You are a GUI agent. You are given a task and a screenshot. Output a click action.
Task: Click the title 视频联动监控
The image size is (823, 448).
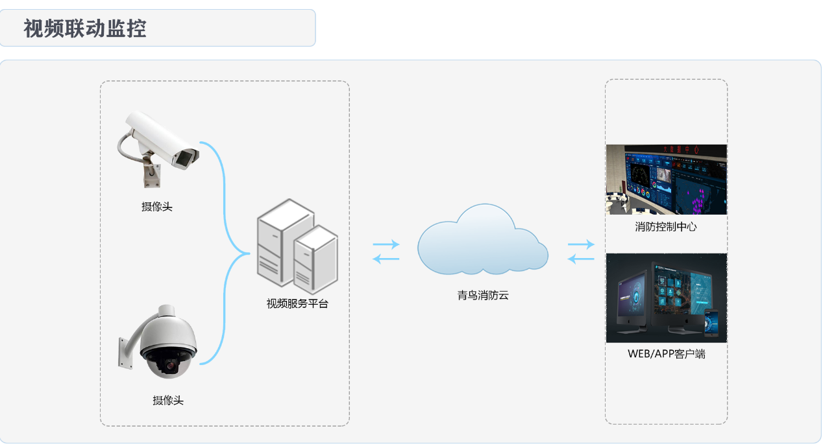click(85, 29)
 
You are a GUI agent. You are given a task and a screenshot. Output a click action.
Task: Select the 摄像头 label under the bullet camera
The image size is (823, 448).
click(157, 207)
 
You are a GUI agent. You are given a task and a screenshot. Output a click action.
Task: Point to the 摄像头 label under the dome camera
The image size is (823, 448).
click(168, 401)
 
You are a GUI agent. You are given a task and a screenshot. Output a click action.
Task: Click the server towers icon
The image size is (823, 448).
click(297, 246)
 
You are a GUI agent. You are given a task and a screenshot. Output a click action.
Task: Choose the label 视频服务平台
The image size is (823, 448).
click(297, 303)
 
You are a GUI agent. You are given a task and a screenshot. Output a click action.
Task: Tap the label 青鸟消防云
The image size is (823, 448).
click(483, 296)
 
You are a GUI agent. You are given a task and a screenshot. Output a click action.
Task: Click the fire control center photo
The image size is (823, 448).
click(666, 180)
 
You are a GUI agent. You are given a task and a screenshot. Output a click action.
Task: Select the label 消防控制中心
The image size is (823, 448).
click(666, 228)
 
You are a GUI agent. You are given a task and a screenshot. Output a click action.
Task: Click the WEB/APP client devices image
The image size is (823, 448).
click(666, 298)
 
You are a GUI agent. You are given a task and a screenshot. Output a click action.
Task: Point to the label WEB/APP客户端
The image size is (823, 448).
click(666, 354)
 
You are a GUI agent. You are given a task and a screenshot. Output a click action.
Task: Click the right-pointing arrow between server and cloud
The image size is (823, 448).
click(386, 244)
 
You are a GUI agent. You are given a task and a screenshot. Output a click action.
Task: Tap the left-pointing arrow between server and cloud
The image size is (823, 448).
click(386, 259)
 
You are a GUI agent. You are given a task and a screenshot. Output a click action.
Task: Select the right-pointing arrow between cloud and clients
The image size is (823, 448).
click(581, 244)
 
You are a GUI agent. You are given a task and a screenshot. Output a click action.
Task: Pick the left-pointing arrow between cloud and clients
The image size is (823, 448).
click(580, 259)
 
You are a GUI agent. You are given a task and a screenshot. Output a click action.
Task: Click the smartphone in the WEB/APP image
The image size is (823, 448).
click(712, 322)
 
